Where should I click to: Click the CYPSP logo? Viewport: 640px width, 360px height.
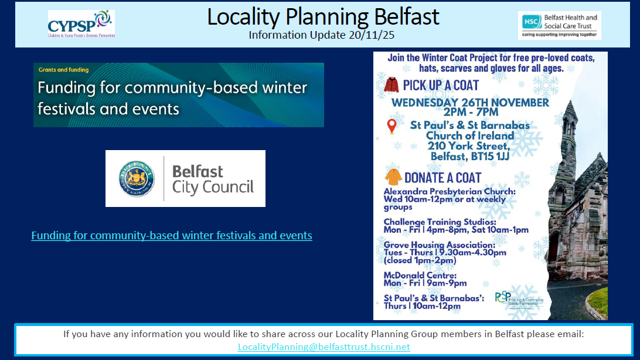point(81,24)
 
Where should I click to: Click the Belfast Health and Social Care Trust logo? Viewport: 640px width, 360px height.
point(560,25)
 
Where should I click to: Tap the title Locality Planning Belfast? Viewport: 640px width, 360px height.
point(323,16)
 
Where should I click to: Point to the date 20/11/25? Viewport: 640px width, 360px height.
point(374,35)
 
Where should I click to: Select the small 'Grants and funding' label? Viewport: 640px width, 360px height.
point(63,70)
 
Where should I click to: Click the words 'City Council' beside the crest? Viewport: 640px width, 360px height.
point(213,188)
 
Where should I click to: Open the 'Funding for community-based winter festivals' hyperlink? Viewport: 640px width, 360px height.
point(172,236)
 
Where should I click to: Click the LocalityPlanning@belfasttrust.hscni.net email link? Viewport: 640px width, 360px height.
point(324,347)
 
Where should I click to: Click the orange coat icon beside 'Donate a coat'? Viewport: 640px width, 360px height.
point(393,177)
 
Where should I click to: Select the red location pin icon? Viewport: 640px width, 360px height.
point(392,126)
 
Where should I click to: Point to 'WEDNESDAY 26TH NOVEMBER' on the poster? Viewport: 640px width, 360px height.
point(470,103)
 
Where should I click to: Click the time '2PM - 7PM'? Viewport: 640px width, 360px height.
point(470,112)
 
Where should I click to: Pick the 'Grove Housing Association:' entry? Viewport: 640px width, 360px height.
point(432,244)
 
